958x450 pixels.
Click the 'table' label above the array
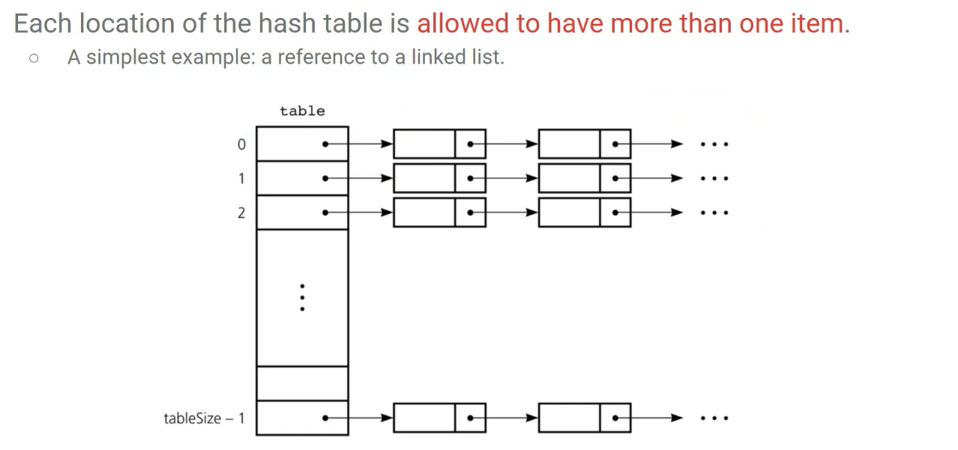coord(302,111)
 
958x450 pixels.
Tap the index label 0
coord(241,145)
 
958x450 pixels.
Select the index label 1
coord(241,178)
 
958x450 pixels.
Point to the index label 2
coord(241,213)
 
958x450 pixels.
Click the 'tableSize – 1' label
coord(204,418)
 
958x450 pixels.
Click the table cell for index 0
coord(302,145)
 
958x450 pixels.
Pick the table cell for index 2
coord(302,213)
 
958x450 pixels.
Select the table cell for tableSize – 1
coord(302,418)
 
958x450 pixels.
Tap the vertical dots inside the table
coord(302,297)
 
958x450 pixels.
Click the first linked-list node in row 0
coord(439,144)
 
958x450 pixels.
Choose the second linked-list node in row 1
coord(584,178)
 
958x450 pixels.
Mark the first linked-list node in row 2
coord(439,213)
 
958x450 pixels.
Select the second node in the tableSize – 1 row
coord(584,418)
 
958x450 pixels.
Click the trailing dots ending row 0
coord(714,145)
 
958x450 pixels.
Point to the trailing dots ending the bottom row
coord(714,418)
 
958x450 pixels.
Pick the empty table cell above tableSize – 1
coord(302,383)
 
